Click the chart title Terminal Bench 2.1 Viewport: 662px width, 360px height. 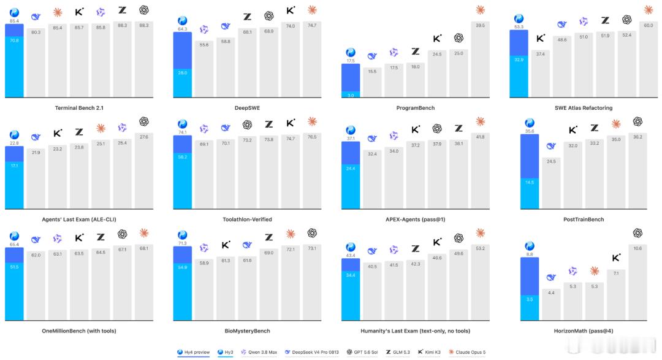[x=79, y=108]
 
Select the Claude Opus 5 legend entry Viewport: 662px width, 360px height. [x=467, y=352]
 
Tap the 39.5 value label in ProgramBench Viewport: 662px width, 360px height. [x=480, y=25]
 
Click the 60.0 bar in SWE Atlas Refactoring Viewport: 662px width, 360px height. [x=648, y=59]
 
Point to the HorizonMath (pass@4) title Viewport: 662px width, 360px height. [x=583, y=331]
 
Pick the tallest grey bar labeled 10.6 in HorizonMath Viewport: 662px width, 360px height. [x=637, y=282]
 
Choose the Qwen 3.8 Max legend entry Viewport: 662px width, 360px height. [x=259, y=352]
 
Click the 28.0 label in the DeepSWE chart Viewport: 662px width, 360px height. [x=183, y=73]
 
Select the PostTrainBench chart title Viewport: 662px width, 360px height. [x=583, y=220]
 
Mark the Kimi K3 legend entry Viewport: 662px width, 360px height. [x=429, y=352]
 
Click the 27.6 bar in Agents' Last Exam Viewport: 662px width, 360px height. [x=144, y=170]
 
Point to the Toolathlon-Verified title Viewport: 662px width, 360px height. [x=248, y=220]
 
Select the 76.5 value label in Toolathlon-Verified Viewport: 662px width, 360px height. [x=312, y=137]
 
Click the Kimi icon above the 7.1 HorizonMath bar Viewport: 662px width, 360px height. [x=616, y=258]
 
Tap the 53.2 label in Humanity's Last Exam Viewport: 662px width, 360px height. [x=480, y=248]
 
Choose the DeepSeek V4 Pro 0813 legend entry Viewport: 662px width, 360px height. [x=312, y=352]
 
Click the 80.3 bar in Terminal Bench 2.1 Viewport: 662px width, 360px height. [x=36, y=63]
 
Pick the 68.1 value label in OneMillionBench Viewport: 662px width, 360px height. [x=144, y=248]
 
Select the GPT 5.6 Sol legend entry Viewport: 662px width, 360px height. [x=362, y=352]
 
